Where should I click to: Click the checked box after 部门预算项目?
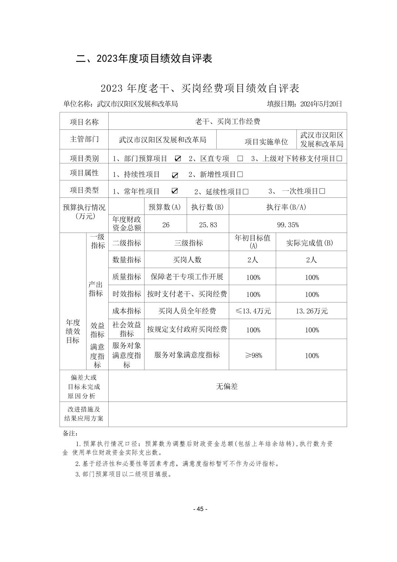[x=178, y=159]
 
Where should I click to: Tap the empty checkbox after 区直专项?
[x=240, y=159]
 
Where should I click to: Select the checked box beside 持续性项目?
[x=175, y=175]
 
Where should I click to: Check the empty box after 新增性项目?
[x=240, y=174]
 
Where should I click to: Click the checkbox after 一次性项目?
[x=322, y=191]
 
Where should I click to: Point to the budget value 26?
[x=166, y=225]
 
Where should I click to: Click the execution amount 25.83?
[x=208, y=225]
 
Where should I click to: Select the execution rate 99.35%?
[x=288, y=225]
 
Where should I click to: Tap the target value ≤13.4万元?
[x=253, y=311]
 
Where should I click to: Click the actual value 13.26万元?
[x=312, y=311]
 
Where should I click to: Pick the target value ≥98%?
[x=253, y=355]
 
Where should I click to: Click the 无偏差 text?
[x=227, y=386]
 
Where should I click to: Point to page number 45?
[x=200, y=509]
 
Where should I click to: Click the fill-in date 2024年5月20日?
[x=321, y=104]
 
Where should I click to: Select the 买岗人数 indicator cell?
[x=187, y=260]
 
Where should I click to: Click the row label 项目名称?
[x=84, y=122]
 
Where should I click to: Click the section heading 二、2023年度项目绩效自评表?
[x=144, y=58]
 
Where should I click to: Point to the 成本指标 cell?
[x=126, y=311]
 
